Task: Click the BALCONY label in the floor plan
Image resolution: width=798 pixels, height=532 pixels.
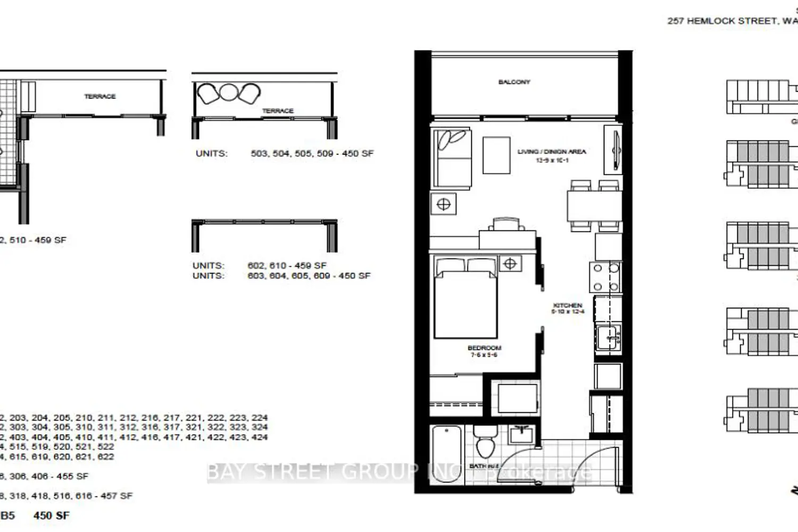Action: pyautogui.click(x=514, y=82)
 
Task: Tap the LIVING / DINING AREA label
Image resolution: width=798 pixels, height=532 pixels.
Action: pyautogui.click(x=552, y=152)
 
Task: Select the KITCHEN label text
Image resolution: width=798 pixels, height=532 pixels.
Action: pyautogui.click(x=568, y=305)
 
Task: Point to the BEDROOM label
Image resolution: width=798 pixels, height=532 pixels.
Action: pyautogui.click(x=484, y=348)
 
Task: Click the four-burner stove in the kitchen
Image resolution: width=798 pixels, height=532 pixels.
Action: pyautogui.click(x=605, y=277)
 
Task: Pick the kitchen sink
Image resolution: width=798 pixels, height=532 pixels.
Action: pyautogui.click(x=608, y=337)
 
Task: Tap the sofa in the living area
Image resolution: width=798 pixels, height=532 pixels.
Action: pyautogui.click(x=452, y=157)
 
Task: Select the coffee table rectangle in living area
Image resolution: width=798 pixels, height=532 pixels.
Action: pyautogui.click(x=496, y=155)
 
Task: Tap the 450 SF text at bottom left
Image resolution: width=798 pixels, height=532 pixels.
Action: pyautogui.click(x=51, y=516)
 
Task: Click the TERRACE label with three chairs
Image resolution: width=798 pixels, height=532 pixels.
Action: pyautogui.click(x=278, y=111)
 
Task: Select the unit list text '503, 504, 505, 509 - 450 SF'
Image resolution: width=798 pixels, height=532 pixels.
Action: pyautogui.click(x=312, y=153)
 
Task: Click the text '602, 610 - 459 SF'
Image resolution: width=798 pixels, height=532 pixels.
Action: pyautogui.click(x=287, y=265)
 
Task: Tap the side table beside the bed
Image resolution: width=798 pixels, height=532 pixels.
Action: pyautogui.click(x=510, y=263)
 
